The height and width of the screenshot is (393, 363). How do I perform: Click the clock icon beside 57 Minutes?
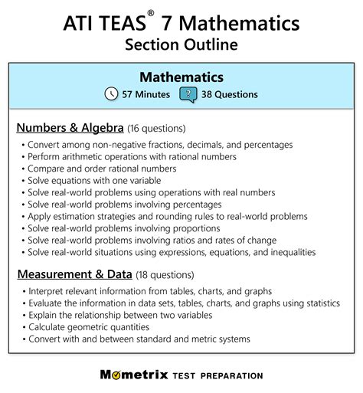111,94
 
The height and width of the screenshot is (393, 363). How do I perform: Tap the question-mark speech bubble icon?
187,94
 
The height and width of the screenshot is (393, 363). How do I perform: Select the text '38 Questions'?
229,94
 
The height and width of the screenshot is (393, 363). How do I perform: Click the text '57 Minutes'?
146,94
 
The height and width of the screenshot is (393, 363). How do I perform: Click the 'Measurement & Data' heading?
74,273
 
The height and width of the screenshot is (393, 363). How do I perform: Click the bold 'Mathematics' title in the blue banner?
181,77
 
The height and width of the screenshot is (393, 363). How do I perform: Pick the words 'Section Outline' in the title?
181,44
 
